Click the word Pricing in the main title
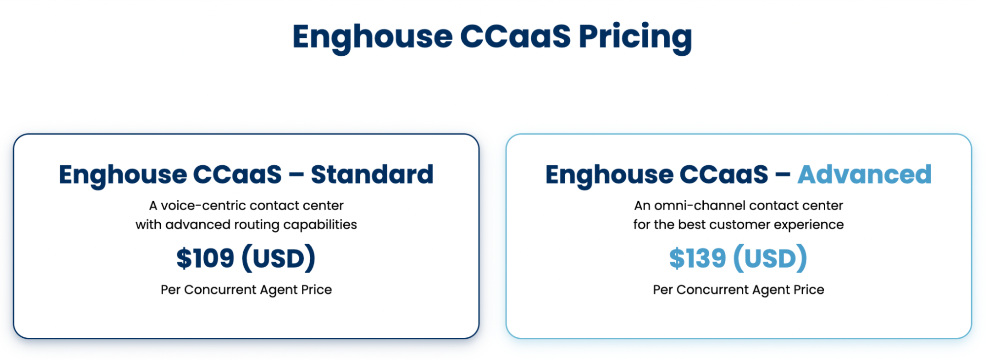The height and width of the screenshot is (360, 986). pyautogui.click(x=635, y=37)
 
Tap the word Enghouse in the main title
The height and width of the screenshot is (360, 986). pyautogui.click(x=372, y=37)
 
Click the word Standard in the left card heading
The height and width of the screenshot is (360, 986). pyautogui.click(x=372, y=175)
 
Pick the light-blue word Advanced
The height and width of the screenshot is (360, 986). pyautogui.click(x=865, y=175)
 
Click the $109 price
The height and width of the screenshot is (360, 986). pyautogui.click(x=205, y=258)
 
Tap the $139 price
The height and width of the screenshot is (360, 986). pyautogui.click(x=697, y=258)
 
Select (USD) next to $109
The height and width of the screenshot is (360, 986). pyautogui.click(x=278, y=258)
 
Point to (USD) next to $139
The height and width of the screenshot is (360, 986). pyautogui.click(x=770, y=258)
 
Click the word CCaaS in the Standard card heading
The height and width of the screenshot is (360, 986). pyautogui.click(x=237, y=175)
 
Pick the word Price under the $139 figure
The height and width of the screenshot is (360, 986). pyautogui.click(x=809, y=290)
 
